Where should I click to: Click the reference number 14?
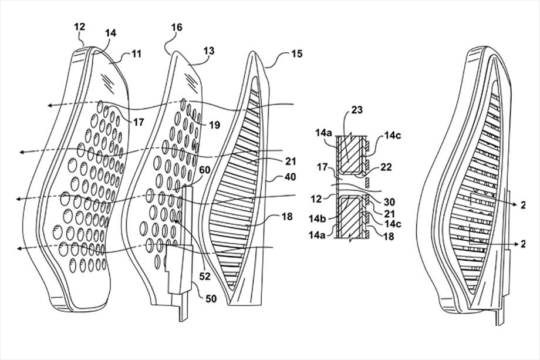tap(110, 33)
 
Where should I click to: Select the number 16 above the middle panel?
tap(177, 28)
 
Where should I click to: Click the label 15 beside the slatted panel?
tap(297, 54)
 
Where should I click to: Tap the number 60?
tap(205, 170)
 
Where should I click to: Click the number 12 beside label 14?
tap(80, 26)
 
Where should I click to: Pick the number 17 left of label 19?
tap(138, 123)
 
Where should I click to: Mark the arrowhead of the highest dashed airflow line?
tap(50, 105)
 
